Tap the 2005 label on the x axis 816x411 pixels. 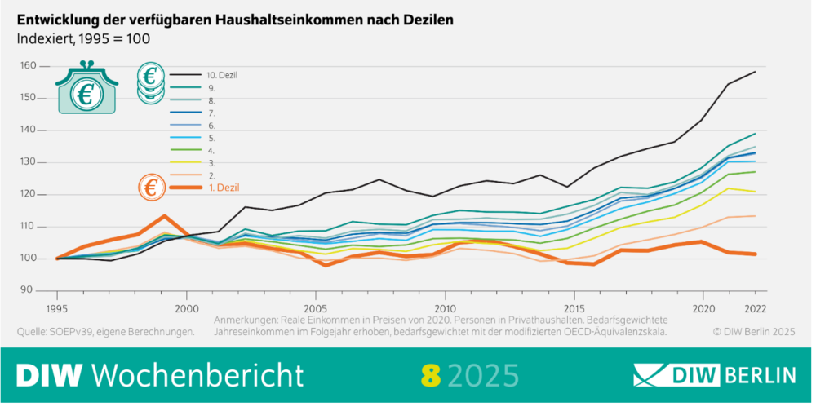pyautogui.click(x=316, y=309)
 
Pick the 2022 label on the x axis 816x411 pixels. pyautogui.click(x=755, y=309)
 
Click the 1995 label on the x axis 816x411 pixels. pyautogui.click(x=57, y=309)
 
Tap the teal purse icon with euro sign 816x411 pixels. pyautogui.click(x=85, y=91)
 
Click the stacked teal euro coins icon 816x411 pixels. pyautogui.click(x=150, y=83)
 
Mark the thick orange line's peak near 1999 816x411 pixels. pyautogui.click(x=164, y=216)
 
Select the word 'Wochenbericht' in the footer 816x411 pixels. pyautogui.click(x=196, y=374)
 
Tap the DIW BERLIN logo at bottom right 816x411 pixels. pyautogui.click(x=716, y=374)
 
